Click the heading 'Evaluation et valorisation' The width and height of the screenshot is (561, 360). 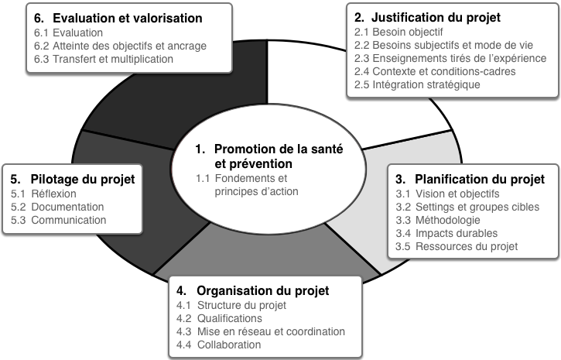point(128,19)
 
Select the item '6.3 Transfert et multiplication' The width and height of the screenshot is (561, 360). point(104,59)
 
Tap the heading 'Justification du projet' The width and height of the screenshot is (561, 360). point(436,17)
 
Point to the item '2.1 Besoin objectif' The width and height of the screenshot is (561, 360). point(399,33)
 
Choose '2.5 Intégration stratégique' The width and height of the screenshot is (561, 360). point(417,85)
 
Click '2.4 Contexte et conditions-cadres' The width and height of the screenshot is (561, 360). point(435,71)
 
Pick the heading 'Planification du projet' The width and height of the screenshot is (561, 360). point(480,180)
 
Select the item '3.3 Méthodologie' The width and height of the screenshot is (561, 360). point(438,220)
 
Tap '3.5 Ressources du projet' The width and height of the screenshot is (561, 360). point(457,246)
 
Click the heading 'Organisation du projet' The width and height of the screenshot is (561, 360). point(262,291)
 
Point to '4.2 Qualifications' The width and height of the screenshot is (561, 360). point(219,318)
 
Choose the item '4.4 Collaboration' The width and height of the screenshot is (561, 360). point(219,345)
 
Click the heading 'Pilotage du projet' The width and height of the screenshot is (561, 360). point(83,180)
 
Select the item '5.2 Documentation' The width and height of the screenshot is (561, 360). point(57,207)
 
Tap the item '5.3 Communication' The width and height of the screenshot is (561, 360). point(58,220)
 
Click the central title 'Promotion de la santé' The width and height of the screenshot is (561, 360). point(279,149)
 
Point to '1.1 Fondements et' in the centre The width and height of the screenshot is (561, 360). point(241,178)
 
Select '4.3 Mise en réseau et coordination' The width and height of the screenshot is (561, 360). point(261,331)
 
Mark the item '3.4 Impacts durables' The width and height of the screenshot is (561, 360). point(446,233)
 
